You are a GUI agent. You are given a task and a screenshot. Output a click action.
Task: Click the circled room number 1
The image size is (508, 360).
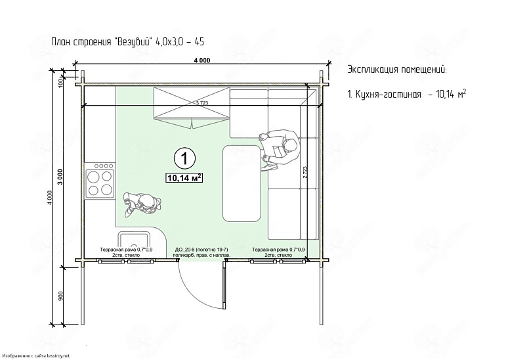point(184,158)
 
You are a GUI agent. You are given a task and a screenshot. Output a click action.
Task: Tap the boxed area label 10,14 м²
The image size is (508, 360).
point(184,178)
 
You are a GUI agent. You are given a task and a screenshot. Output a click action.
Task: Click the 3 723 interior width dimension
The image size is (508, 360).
point(202,103)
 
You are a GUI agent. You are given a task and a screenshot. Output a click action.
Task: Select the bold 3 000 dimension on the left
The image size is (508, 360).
point(60,177)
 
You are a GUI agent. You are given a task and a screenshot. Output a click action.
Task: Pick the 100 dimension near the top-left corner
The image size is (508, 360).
point(60,83)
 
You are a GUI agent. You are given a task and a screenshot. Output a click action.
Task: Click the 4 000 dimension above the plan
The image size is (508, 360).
point(202,60)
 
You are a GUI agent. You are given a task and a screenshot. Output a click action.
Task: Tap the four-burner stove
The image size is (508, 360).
point(100,181)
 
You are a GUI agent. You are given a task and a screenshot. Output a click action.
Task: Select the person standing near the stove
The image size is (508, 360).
point(142,204)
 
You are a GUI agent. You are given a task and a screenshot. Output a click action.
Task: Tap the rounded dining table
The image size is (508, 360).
point(242,183)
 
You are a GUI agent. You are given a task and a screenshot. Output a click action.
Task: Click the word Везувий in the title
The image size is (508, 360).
point(133,42)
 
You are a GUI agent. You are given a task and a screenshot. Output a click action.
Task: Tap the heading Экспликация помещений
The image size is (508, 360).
point(397,70)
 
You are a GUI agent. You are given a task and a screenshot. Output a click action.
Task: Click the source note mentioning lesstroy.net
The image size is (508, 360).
point(35,356)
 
